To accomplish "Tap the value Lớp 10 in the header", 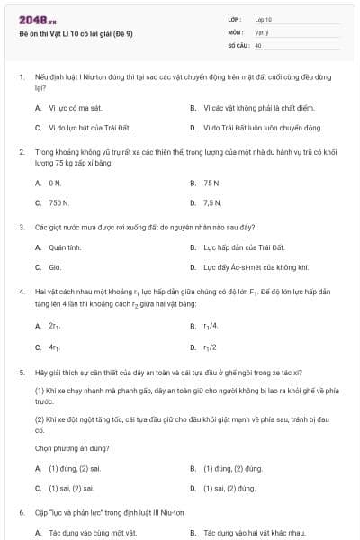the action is pos(264,19).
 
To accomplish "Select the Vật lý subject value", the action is pos(262,31).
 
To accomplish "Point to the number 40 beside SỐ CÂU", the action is pos(258,44).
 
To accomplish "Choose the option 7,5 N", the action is pos(212,202).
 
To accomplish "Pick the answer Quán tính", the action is pos(65,247).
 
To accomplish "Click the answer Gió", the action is pos(54,267).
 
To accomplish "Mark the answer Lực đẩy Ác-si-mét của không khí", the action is pos(256,267).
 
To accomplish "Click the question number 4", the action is pos(21,292).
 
